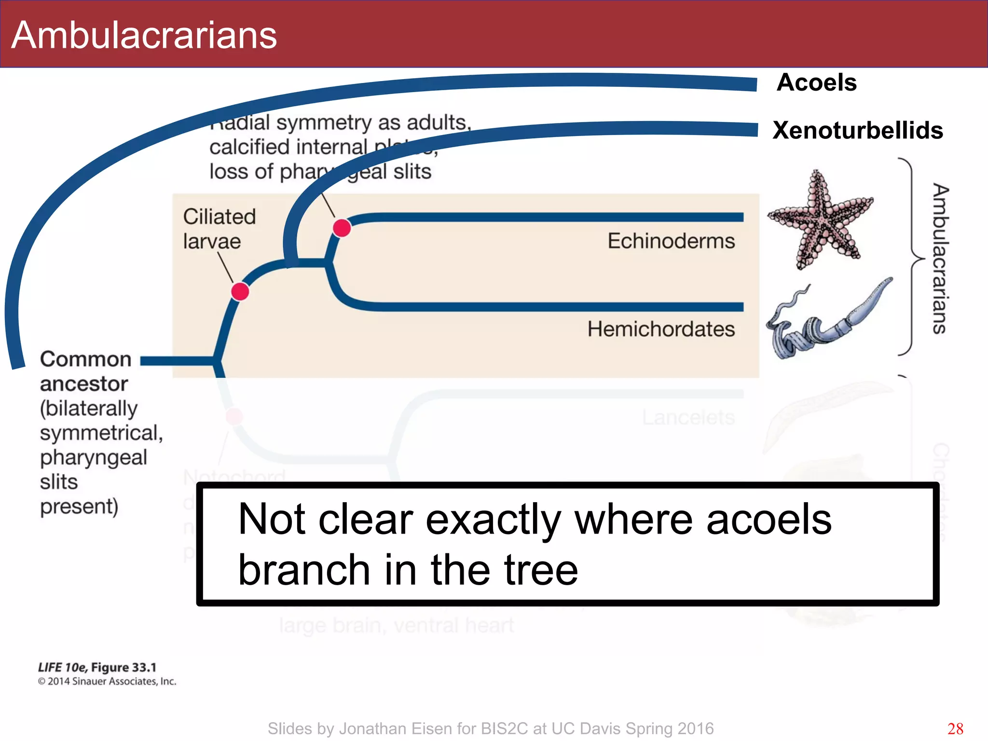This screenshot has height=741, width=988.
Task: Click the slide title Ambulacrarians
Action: [144, 35]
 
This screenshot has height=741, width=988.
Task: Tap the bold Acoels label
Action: [816, 82]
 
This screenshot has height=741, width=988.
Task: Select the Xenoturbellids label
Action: [857, 130]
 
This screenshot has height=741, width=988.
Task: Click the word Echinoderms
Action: [671, 241]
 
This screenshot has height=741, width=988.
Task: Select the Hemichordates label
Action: [660, 329]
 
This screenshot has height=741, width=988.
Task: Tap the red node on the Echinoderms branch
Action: [342, 228]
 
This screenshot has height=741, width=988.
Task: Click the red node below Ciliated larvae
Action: [240, 291]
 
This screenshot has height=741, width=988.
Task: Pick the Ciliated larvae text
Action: [219, 229]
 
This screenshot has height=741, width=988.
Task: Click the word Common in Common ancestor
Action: [85, 359]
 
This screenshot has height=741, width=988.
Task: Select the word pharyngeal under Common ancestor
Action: [93, 457]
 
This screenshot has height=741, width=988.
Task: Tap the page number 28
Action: [955, 728]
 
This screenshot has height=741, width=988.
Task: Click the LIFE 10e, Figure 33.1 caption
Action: [97, 667]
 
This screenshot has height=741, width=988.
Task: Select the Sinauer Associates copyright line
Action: [107, 681]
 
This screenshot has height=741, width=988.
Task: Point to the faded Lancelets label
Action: [688, 417]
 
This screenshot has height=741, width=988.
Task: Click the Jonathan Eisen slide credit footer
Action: [490, 728]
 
